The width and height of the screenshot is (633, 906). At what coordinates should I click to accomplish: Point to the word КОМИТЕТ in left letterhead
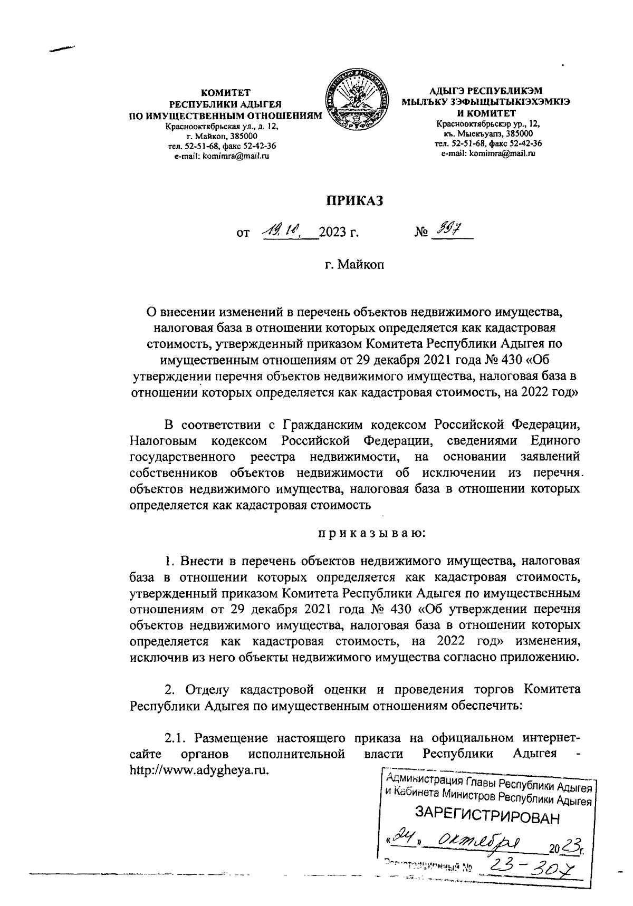[221, 93]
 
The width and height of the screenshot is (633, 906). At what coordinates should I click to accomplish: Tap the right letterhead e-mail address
[488, 153]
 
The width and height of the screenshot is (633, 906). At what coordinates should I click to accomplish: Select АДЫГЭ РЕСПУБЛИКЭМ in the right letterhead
[486, 90]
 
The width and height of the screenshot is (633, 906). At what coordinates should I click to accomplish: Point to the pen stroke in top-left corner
[61, 49]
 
